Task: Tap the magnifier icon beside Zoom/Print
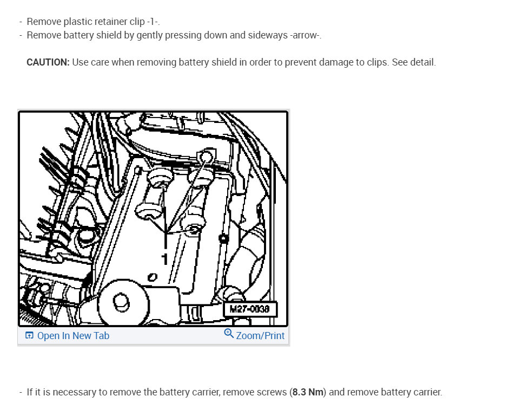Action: pos(229,334)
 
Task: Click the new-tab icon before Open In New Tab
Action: pos(29,335)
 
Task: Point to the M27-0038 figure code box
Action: pos(250,309)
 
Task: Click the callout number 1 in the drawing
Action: pos(164,259)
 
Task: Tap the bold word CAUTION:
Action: pos(48,62)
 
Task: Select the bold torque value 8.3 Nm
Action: pos(308,392)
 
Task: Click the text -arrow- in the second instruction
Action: pos(305,35)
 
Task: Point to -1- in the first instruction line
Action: pos(153,22)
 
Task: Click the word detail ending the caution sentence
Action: pos(421,62)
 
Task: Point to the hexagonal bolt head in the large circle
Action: pos(121,302)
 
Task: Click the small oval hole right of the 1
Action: pos(153,277)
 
